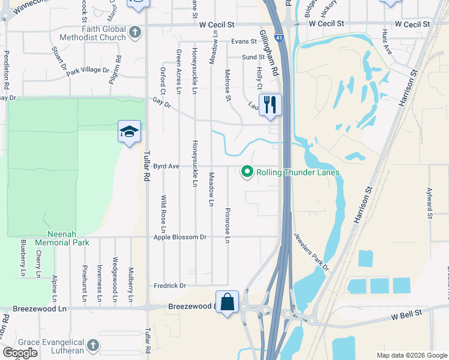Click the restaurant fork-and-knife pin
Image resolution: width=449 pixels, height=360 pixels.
[x=270, y=105]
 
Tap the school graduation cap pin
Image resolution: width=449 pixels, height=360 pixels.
[x=129, y=131]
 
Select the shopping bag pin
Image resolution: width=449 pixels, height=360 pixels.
[x=228, y=302]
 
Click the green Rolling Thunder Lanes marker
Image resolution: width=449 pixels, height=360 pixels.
[x=247, y=172]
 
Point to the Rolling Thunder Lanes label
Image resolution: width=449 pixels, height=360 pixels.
[x=298, y=173]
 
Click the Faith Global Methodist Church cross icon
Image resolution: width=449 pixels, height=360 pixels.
[x=136, y=31]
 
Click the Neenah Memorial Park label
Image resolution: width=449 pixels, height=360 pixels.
[x=62, y=238]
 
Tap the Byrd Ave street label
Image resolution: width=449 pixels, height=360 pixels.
[x=167, y=166]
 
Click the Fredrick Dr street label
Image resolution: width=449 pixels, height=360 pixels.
[x=170, y=286]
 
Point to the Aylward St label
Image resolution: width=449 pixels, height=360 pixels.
[x=430, y=202]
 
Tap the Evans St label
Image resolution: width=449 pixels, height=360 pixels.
[x=244, y=42]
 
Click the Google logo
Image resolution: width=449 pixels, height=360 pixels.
[x=20, y=353]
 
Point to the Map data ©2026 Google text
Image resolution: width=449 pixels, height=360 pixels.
[x=412, y=355]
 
